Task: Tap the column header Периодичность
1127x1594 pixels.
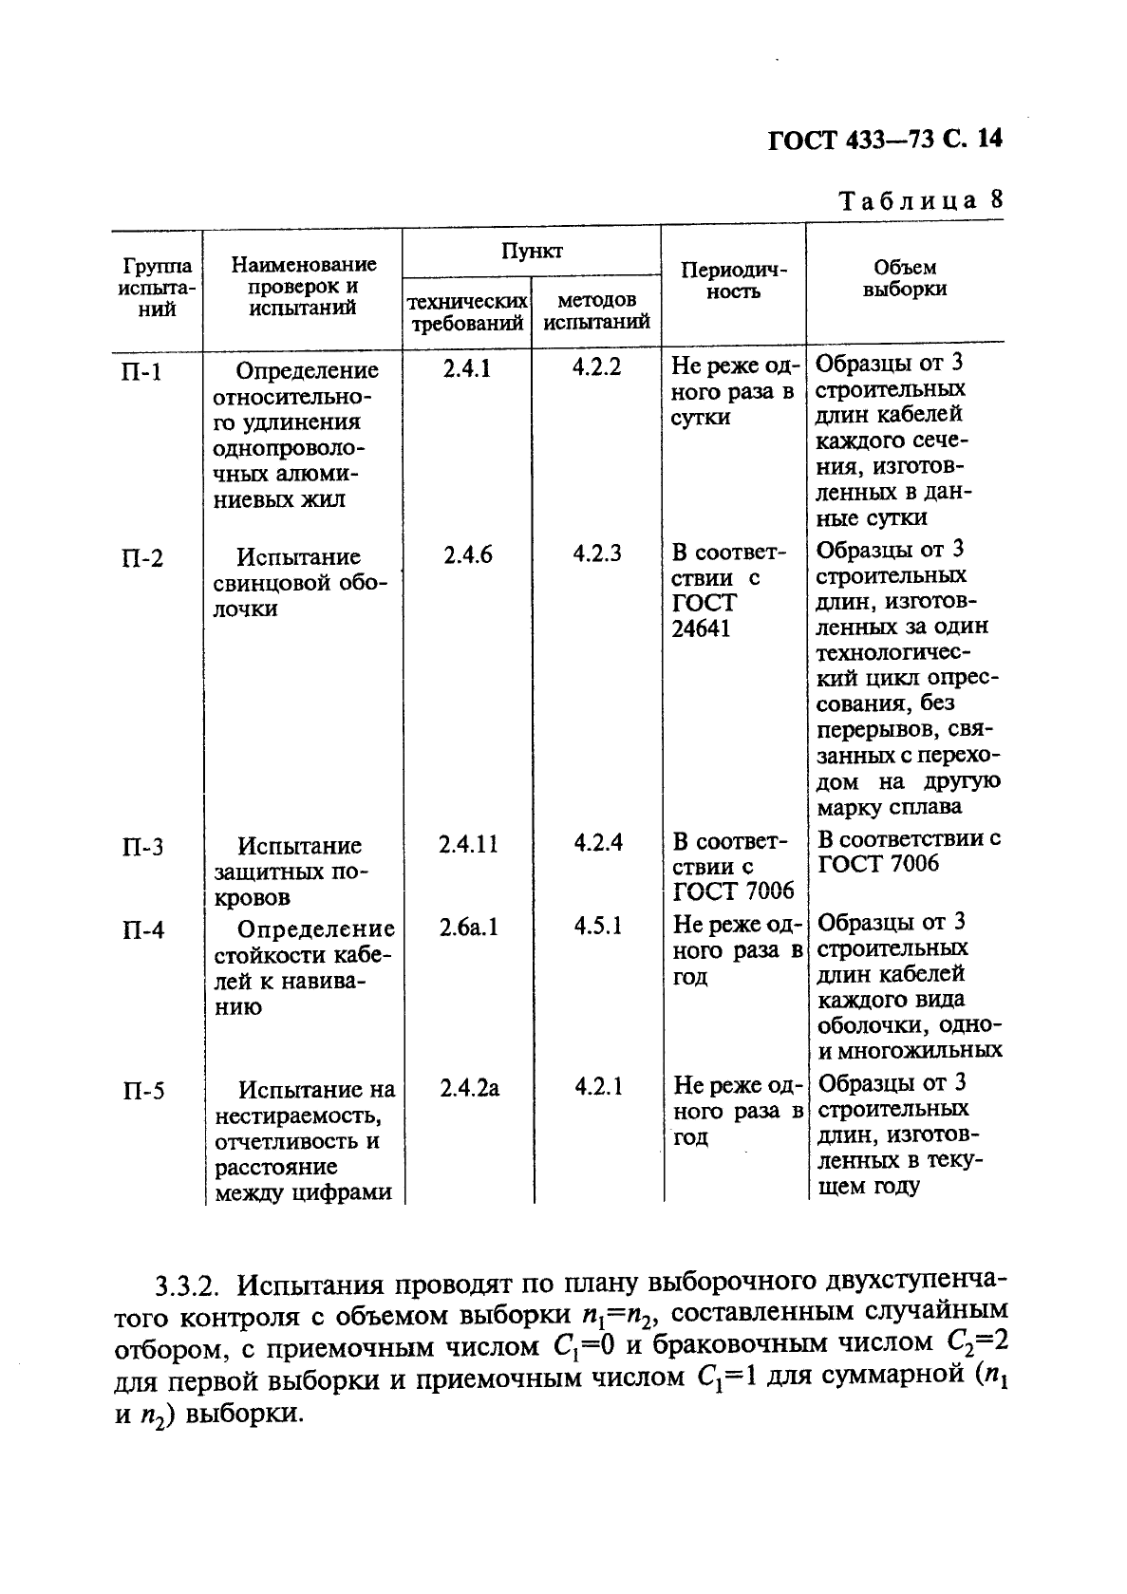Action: point(734,280)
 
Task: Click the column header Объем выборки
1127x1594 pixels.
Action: point(904,279)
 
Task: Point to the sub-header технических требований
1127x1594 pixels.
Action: point(466,311)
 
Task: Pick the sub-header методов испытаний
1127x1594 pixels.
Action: point(596,311)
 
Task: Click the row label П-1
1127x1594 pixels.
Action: point(141,371)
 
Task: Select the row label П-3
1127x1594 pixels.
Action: point(142,846)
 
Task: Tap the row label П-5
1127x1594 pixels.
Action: point(142,1091)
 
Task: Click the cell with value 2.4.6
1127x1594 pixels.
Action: point(467,554)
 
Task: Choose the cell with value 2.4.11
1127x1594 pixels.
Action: point(468,843)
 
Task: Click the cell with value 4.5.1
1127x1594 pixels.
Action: point(598,926)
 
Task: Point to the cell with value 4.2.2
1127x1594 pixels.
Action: point(596,367)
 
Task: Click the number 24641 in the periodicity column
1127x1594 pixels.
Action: point(701,628)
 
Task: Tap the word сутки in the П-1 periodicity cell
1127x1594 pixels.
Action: point(700,418)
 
